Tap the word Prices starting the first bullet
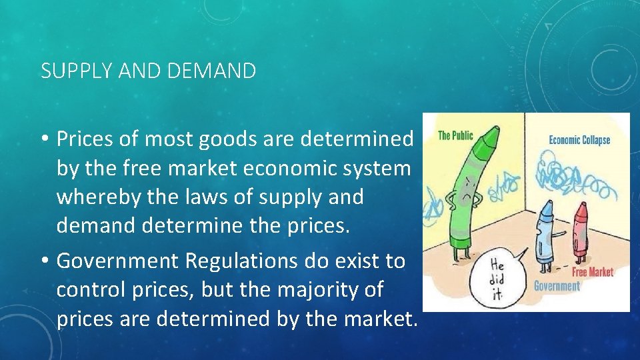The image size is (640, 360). pyautogui.click(x=86, y=139)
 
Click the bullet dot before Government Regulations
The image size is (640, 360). pyautogui.click(x=46, y=261)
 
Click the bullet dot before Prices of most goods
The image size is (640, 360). pyautogui.click(x=46, y=139)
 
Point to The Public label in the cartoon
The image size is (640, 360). pyautogui.click(x=455, y=136)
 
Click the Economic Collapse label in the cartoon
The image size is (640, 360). pyautogui.click(x=579, y=140)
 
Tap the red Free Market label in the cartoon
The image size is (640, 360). pyautogui.click(x=592, y=272)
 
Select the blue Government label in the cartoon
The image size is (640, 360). pyautogui.click(x=557, y=286)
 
